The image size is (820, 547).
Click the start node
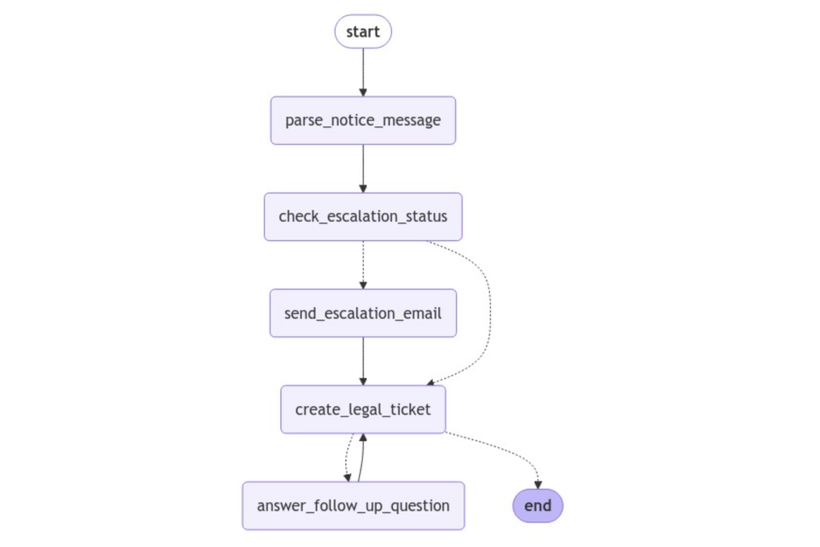363,32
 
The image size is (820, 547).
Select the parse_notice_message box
363,121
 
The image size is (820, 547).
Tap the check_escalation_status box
363,217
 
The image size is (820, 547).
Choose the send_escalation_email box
363,313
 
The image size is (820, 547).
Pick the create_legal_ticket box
363,409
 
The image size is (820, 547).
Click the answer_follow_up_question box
353,506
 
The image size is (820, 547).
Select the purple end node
538,506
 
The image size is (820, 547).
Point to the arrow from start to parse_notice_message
363,70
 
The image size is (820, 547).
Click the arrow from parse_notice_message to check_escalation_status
363,166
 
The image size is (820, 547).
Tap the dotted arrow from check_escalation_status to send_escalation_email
363,262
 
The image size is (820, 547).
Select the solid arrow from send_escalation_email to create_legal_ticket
363,359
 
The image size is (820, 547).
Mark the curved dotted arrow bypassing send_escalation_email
490,312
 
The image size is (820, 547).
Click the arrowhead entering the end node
538,485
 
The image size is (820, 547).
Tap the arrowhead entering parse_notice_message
363,93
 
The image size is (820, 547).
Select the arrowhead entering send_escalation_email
363,285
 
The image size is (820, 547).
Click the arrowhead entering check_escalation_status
363,189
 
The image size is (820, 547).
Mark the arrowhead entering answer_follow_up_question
348,478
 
